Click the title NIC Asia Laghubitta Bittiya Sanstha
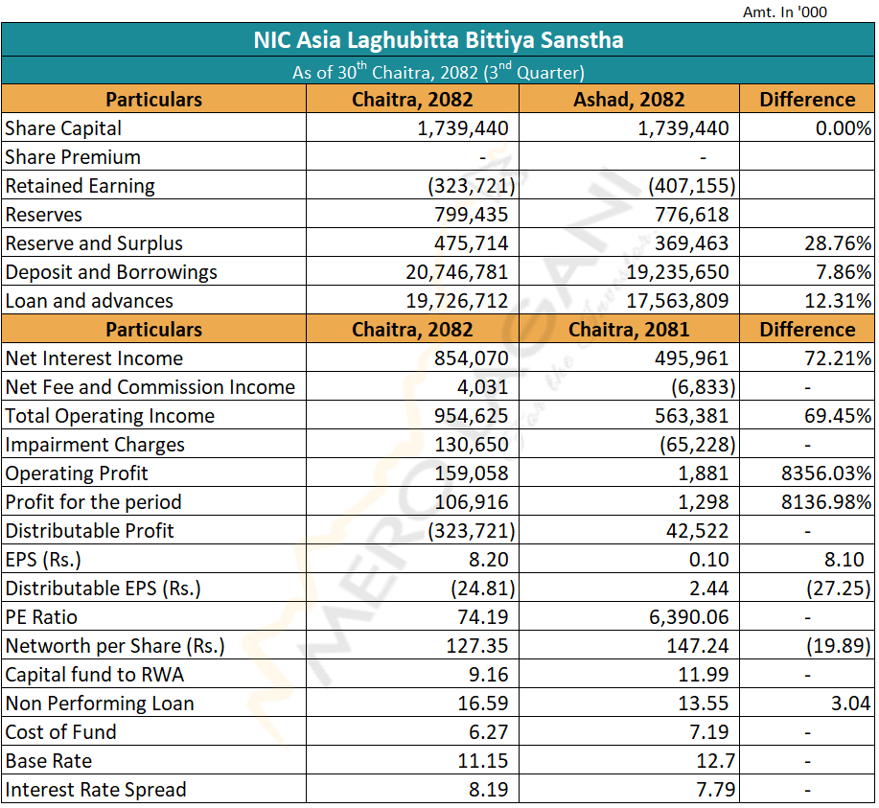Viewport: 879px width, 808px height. (x=438, y=40)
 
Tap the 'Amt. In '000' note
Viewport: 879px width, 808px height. (x=784, y=12)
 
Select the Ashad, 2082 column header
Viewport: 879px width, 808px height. (x=629, y=100)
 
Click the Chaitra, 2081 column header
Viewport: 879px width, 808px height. (x=629, y=330)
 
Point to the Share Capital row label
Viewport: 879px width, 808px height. (x=63, y=128)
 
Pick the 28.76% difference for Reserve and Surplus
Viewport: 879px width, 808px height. (x=838, y=243)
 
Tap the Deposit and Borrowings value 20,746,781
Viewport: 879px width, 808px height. (x=456, y=272)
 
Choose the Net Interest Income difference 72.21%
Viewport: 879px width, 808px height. (x=838, y=358)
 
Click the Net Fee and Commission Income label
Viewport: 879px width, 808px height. (x=150, y=387)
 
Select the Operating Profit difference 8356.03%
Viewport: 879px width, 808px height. (x=825, y=473)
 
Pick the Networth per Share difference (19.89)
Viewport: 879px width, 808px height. (x=837, y=646)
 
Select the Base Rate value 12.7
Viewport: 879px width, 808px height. (x=710, y=761)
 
